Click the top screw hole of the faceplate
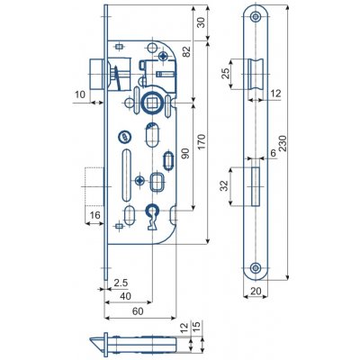(256, 19)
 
